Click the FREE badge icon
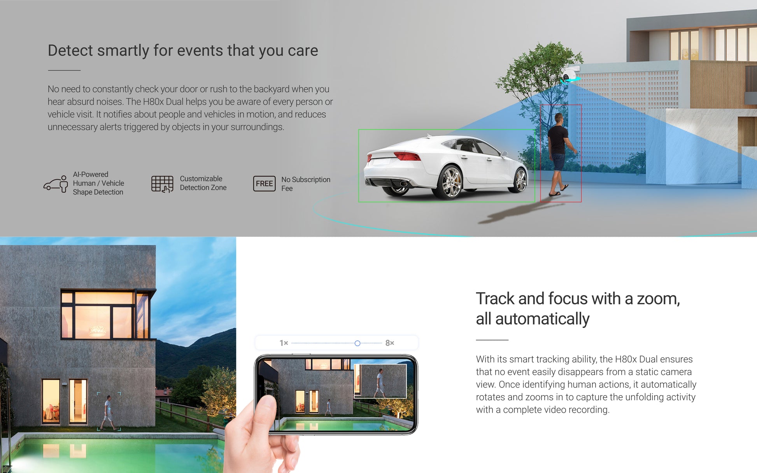pos(264,183)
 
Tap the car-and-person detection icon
pos(56,184)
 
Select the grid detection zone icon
pos(162,184)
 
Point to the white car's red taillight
pos(407,156)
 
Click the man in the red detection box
pos(559,154)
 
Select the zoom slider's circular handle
pos(357,343)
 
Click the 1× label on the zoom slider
pos(284,343)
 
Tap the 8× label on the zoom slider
pos(390,343)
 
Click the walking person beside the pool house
pos(109,413)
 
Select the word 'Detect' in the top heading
pos(70,51)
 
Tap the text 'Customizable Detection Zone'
pos(203,183)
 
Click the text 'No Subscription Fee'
pos(306,184)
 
